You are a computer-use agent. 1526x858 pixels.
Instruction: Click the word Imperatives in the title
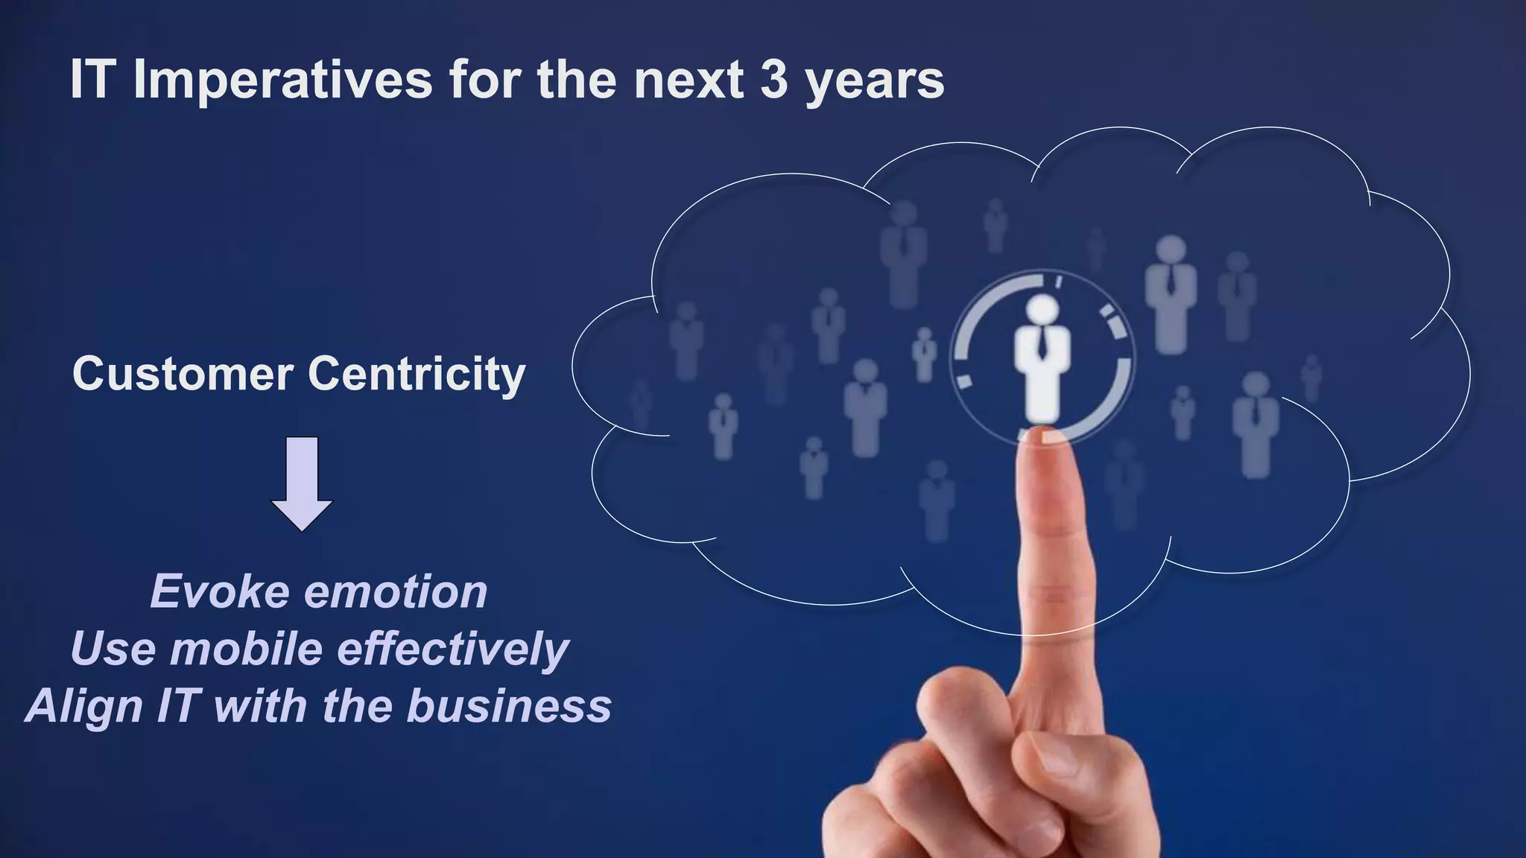click(282, 80)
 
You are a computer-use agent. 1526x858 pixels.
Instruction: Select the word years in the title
click(875, 82)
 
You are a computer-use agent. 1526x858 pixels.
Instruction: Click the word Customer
click(183, 374)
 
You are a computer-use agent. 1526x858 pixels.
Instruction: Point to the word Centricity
click(417, 374)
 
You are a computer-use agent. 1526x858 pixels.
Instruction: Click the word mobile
click(246, 649)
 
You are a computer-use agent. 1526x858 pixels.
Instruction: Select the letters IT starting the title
click(91, 80)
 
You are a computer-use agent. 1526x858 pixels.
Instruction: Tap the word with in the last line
click(260, 705)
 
